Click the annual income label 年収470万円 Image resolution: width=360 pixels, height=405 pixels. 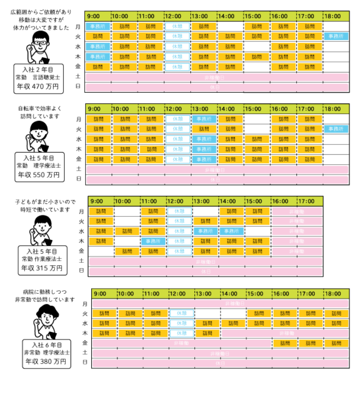click(38, 86)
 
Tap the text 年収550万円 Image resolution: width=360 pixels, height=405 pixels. click(38, 175)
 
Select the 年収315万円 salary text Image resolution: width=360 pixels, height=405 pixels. click(41, 269)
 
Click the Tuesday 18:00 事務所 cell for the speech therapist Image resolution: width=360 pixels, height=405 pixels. click(336, 36)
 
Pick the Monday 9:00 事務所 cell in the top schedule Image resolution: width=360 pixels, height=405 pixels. click(98, 26)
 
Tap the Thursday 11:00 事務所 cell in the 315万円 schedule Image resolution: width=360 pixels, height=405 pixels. click(153, 241)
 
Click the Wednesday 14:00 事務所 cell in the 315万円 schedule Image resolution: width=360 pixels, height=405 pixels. click(231, 231)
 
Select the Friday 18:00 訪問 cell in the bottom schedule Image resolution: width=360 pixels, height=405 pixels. click(336, 343)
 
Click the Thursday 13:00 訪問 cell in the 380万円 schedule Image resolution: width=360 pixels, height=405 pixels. click(207, 333)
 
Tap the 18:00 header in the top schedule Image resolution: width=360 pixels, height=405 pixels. click(334, 16)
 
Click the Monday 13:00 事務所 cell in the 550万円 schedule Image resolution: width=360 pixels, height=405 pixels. click(204, 119)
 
